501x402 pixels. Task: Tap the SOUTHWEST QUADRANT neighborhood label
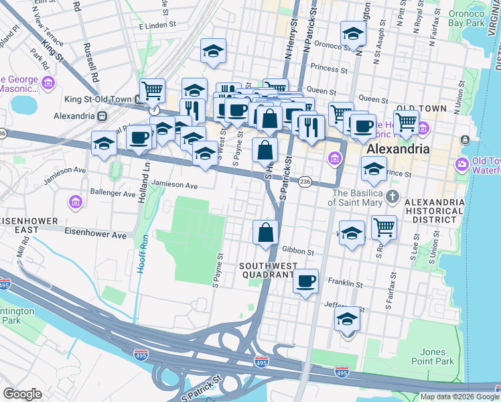pos(267,270)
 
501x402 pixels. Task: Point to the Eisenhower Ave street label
pos(95,235)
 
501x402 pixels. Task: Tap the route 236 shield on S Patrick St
pos(305,182)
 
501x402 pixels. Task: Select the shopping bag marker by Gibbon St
pos(266,232)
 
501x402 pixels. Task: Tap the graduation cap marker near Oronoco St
pos(353,33)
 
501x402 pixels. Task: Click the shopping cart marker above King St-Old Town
pos(152,90)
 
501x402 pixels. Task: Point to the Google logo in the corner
pos(22,394)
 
